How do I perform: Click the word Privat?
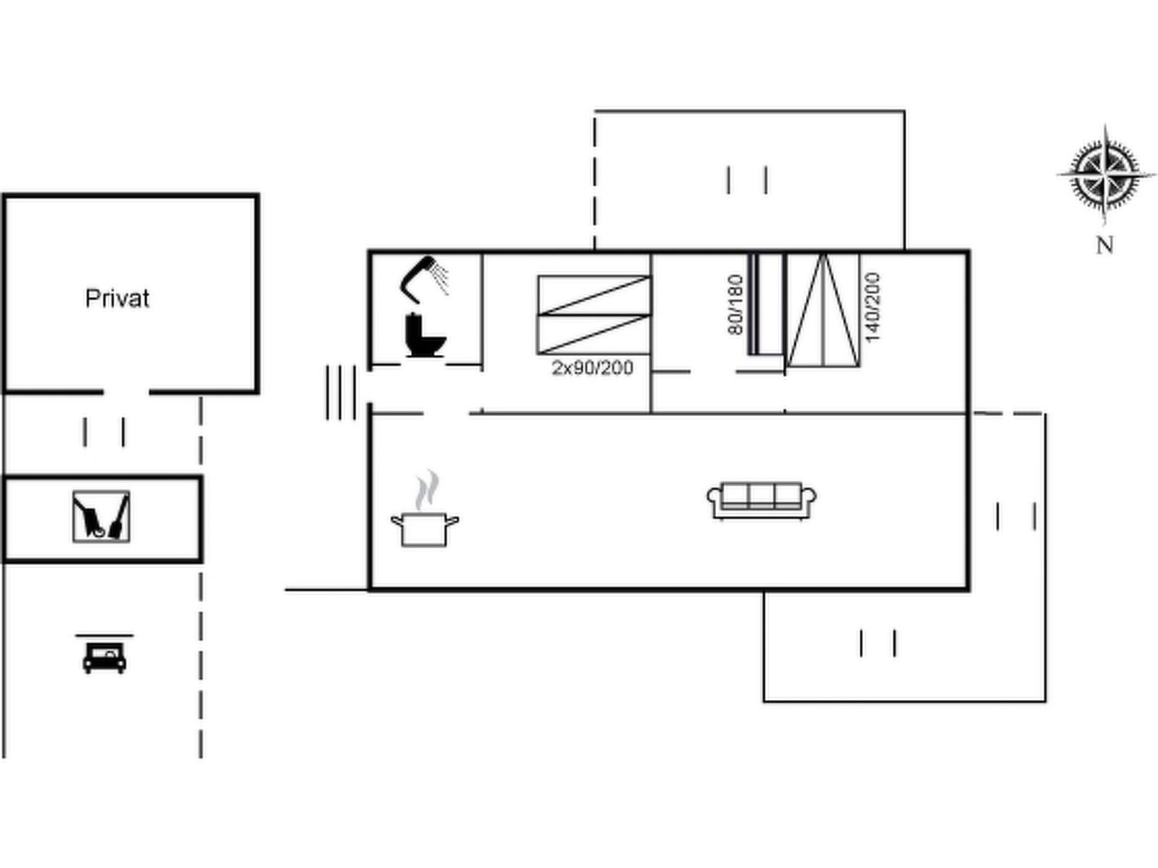[x=117, y=298]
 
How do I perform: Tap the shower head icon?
[x=423, y=279]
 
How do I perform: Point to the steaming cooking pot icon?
[x=425, y=509]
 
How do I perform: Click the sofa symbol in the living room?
[x=761, y=501]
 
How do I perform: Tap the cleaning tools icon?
[x=101, y=516]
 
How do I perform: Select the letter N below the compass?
[x=1104, y=245]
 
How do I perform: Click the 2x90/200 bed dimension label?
[x=593, y=367]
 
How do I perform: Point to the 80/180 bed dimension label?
[x=735, y=304]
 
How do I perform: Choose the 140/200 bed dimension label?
[x=873, y=307]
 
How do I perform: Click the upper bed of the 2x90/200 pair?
[x=594, y=295]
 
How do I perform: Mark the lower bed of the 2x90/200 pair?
[x=594, y=335]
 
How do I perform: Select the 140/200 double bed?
[x=823, y=310]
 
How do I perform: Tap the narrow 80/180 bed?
[x=766, y=304]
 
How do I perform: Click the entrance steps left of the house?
[x=341, y=393]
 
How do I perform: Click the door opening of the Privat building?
[x=126, y=392]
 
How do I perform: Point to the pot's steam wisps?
[x=427, y=490]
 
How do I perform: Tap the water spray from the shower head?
[x=440, y=277]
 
